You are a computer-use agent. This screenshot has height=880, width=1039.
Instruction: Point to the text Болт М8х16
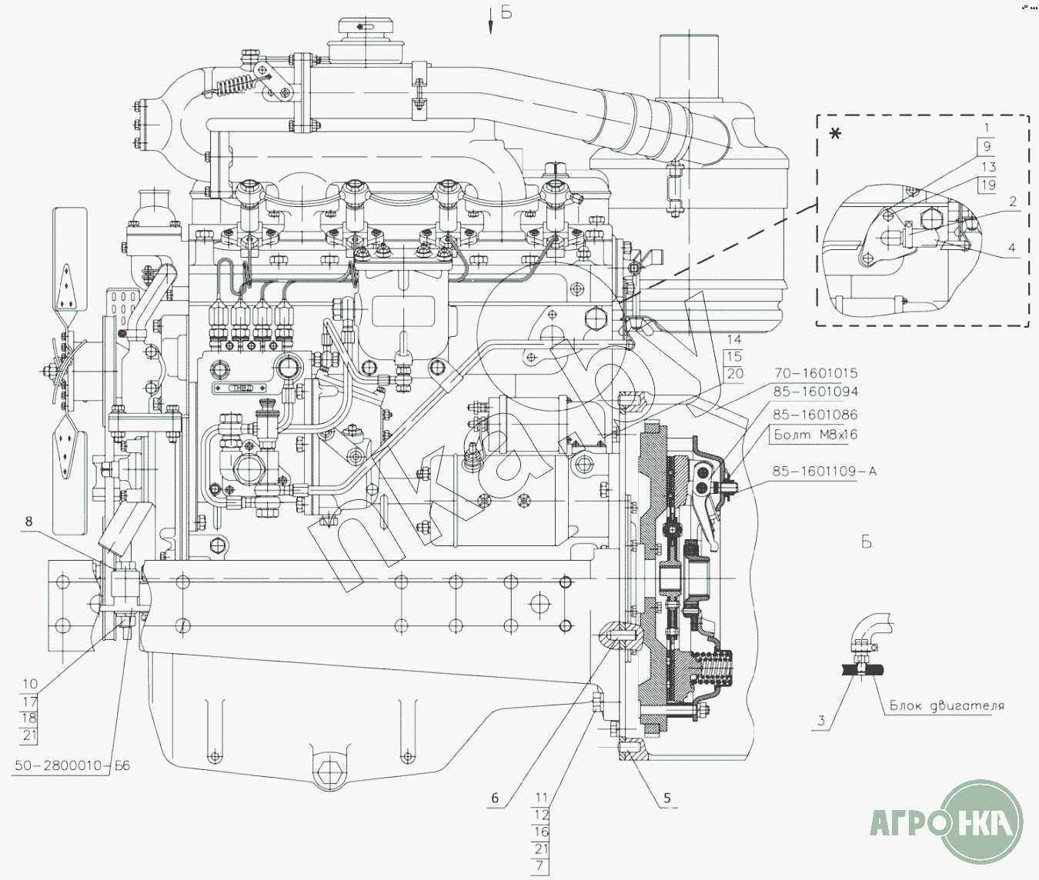815,435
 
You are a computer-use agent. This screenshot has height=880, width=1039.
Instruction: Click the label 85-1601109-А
824,472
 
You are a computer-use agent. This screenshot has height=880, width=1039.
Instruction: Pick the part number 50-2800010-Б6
72,765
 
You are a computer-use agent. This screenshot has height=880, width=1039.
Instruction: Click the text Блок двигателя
947,705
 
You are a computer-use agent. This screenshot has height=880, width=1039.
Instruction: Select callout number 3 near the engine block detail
821,722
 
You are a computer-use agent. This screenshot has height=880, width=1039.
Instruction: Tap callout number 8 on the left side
28,522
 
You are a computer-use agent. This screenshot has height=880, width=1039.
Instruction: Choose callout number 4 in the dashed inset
1012,248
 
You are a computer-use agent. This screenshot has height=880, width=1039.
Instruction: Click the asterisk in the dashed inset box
835,134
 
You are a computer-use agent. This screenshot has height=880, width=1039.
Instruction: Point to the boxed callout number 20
735,373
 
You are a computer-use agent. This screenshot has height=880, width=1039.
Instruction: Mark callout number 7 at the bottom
541,866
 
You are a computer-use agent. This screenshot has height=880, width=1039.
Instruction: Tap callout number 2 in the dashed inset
1012,202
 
